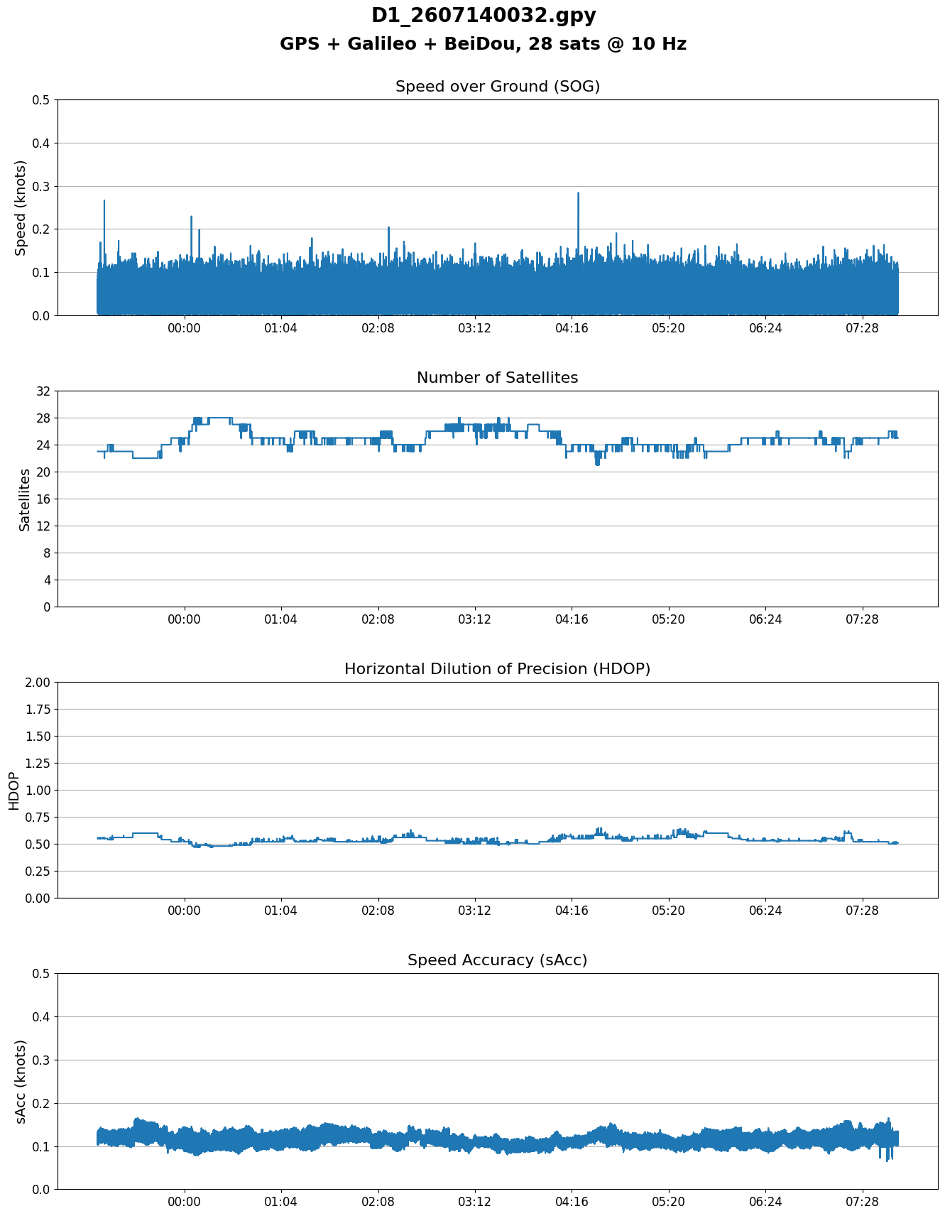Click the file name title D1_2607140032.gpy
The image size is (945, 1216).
484,16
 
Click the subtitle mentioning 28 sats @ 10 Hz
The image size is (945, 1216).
484,44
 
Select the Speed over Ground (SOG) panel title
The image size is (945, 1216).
498,87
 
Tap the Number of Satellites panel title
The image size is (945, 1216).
498,378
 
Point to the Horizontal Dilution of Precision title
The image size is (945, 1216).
498,669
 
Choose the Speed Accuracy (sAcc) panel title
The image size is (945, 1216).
498,960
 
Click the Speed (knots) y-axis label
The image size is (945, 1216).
21,207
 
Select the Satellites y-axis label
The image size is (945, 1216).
25,499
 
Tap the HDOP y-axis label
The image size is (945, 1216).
14,791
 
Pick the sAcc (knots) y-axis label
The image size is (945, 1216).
21,1081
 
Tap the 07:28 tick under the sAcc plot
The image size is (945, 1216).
862,1203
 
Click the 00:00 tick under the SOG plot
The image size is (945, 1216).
185,329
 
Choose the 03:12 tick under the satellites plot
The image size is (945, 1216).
475,620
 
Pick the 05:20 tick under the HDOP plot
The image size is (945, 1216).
669,911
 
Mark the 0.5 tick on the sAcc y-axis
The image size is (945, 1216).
40,974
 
